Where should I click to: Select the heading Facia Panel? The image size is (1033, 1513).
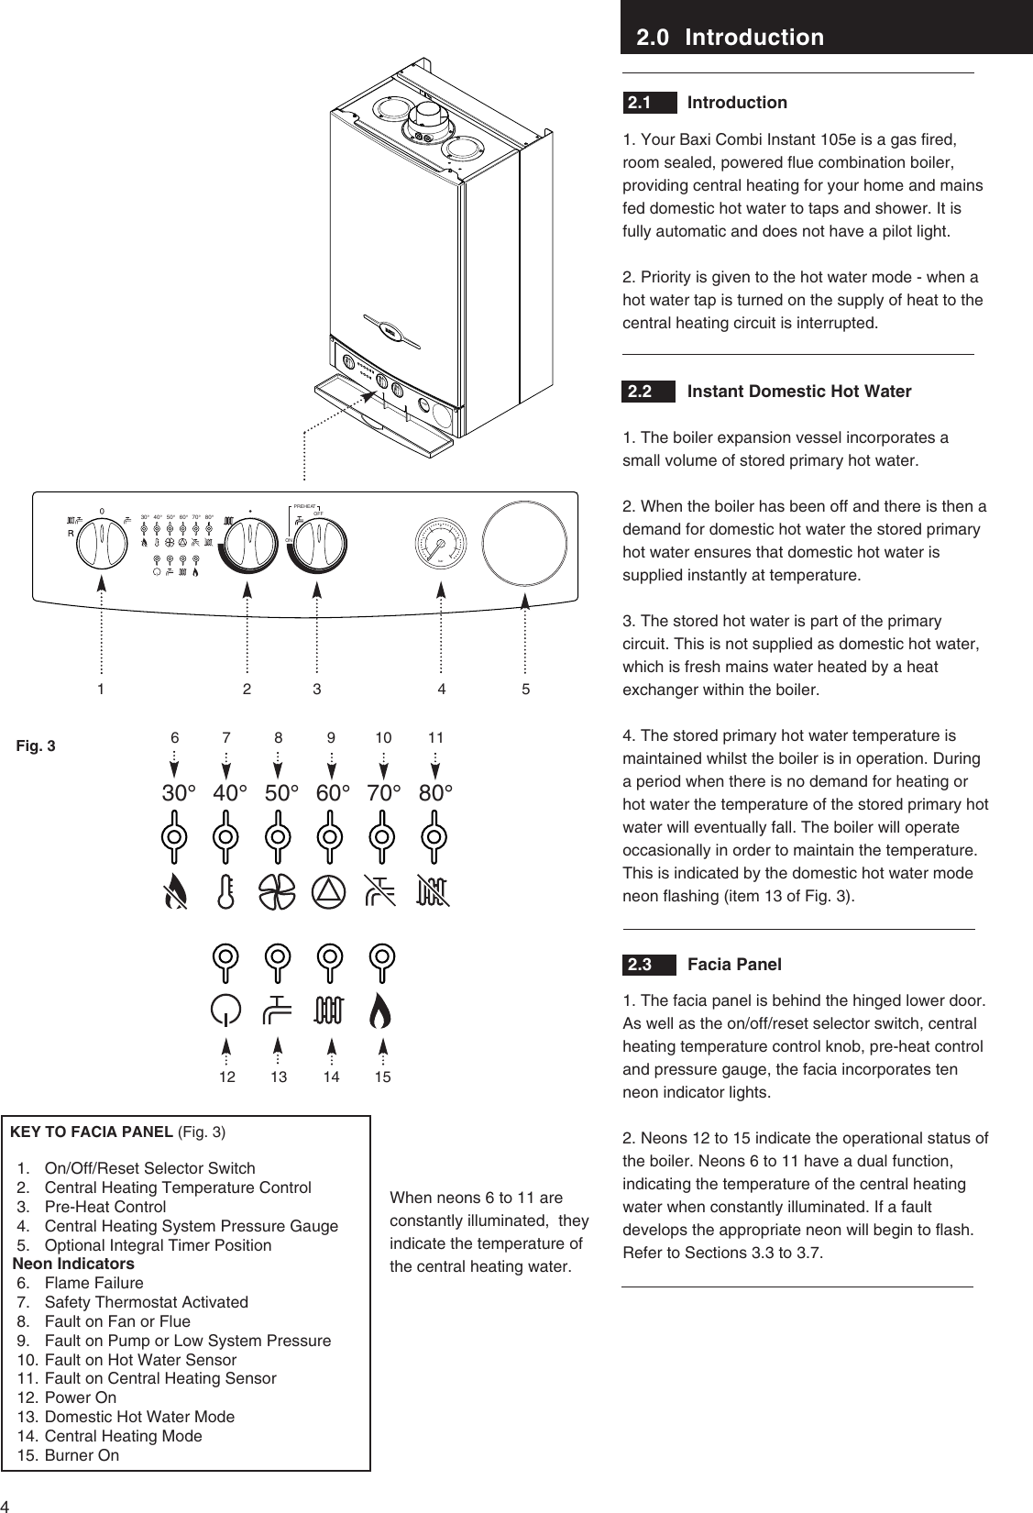coord(734,965)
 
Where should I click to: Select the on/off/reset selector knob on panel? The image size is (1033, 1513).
coord(101,548)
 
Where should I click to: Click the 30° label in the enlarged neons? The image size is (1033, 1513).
coord(180,792)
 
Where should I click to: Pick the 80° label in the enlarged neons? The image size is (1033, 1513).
coord(436,792)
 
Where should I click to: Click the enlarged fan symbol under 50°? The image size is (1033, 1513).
coord(279,890)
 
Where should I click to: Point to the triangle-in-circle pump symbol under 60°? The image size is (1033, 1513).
coord(331,890)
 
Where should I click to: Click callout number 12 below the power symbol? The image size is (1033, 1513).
coord(226,1077)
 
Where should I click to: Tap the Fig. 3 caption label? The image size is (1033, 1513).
coord(37,745)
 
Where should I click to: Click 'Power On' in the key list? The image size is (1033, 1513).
coord(81,1397)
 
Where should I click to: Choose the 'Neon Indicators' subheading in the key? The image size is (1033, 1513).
coord(73,1264)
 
